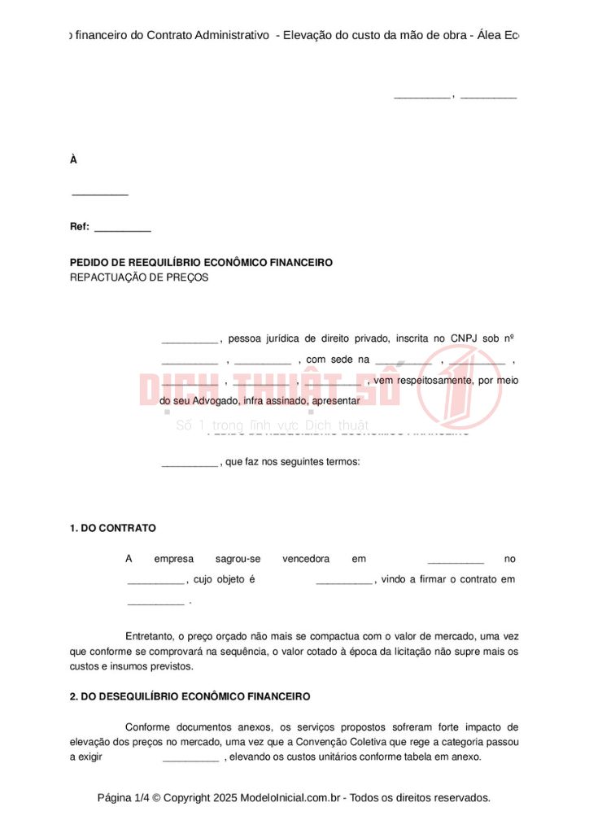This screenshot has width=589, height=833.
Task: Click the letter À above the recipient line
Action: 73,160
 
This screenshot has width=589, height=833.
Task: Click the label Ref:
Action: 80,227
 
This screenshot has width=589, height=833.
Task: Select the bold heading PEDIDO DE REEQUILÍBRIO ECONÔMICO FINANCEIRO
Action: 201,263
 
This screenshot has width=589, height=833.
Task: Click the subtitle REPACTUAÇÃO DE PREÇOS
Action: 139,277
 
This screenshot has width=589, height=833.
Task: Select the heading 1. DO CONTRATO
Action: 113,528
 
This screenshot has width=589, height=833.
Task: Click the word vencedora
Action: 306,559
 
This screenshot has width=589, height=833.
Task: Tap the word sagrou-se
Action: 238,559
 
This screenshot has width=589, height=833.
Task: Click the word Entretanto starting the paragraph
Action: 151,636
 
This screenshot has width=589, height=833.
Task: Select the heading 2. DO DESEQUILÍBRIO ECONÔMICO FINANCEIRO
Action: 190,697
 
